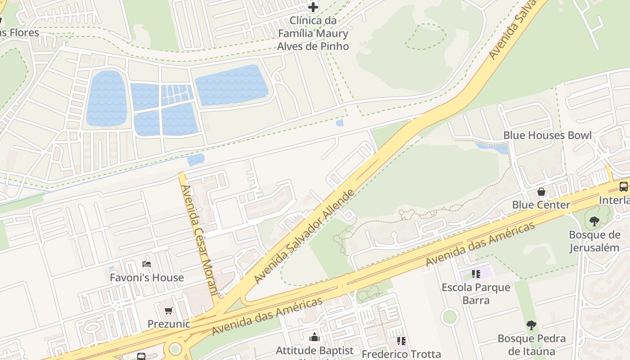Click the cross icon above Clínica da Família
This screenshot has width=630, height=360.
pyautogui.click(x=313, y=7)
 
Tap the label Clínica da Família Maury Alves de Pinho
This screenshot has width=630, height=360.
pyautogui.click(x=313, y=33)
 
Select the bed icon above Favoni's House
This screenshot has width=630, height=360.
pyautogui.click(x=146, y=264)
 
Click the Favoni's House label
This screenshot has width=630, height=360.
pyautogui.click(x=147, y=278)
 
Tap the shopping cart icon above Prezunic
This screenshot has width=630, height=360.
pyautogui.click(x=169, y=310)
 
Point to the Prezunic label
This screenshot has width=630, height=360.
pyautogui.click(x=169, y=324)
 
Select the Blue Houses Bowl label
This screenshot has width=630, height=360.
pyautogui.click(x=547, y=135)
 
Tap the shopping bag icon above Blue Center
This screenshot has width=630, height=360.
pyautogui.click(x=541, y=192)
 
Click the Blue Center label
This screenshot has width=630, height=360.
pyautogui.click(x=541, y=205)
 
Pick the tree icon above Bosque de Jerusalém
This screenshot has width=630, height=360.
pyautogui.click(x=594, y=221)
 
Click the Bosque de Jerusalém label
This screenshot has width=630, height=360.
pyautogui.click(x=594, y=241)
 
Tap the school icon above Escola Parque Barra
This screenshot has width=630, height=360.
pyautogui.click(x=476, y=274)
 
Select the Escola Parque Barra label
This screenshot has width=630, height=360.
pyautogui.click(x=476, y=293)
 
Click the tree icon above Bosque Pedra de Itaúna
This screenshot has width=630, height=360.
pyautogui.click(x=531, y=325)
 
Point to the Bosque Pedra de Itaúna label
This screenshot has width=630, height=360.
pyautogui.click(x=531, y=345)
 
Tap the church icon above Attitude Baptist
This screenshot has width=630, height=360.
pyautogui.click(x=314, y=337)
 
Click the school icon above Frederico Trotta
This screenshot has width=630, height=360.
pyautogui.click(x=401, y=341)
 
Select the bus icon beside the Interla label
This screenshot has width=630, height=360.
pyautogui.click(x=624, y=187)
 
